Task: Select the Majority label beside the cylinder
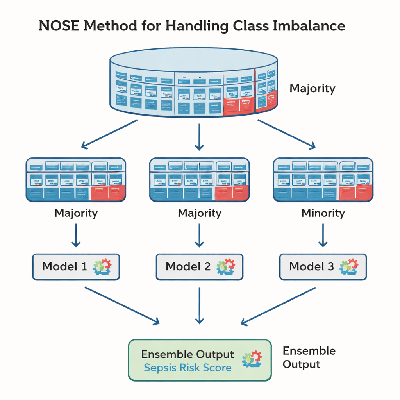[312, 88]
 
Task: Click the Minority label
[323, 213]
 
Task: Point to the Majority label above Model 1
[76, 213]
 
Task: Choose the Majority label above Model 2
[199, 213]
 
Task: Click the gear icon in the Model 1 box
[102, 266]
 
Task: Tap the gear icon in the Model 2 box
[226, 266]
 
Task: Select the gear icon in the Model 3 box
[349, 266]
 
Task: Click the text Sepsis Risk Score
[187, 368]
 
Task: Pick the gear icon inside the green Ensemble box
[252, 359]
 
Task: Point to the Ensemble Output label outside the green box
[309, 357]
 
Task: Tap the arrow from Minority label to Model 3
[323, 234]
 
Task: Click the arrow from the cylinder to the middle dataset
[199, 137]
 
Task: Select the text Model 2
[188, 267]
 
